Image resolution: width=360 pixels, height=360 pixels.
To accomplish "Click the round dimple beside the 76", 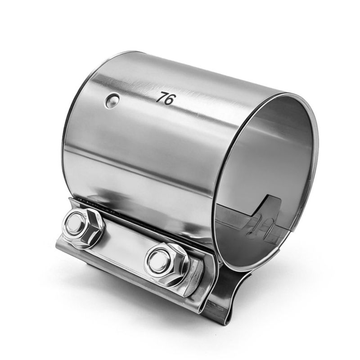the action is pos(112,100).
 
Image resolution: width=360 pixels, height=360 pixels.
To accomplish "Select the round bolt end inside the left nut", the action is pos(74,222).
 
